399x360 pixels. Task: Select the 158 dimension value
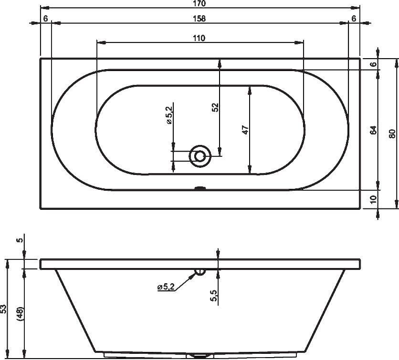(x=199, y=19)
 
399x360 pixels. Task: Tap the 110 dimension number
(x=199, y=38)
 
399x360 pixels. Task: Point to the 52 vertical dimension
(x=216, y=108)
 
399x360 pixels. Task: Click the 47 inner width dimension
(x=245, y=130)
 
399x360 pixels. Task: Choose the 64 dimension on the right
(x=373, y=130)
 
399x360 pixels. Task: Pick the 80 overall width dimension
(x=392, y=134)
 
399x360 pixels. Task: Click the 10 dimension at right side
(x=373, y=199)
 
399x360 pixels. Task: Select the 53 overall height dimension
(x=3, y=309)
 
